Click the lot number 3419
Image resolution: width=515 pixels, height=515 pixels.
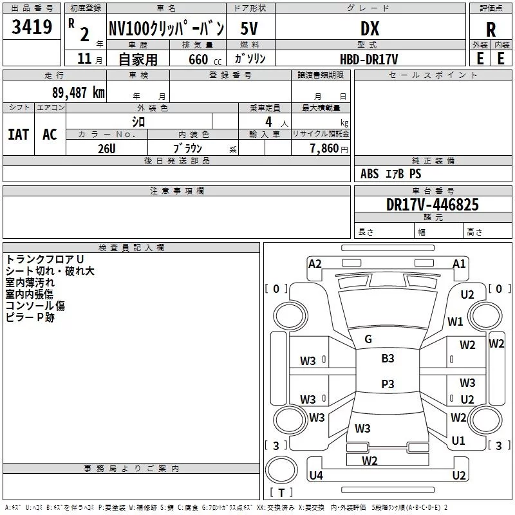tap(32, 27)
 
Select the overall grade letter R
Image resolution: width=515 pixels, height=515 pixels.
tap(491, 30)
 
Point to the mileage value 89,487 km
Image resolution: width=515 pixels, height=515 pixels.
tap(79, 93)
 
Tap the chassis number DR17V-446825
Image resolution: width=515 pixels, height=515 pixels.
tap(432, 205)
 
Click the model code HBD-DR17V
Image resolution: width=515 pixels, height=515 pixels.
tap(369, 59)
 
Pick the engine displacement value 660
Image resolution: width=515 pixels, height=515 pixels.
tap(198, 59)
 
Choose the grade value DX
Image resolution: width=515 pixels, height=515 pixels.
tap(370, 29)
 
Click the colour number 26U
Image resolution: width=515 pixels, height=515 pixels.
tap(107, 149)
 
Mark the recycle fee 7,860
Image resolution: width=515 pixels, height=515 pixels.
tap(324, 149)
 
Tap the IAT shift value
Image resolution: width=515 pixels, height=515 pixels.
tap(19, 135)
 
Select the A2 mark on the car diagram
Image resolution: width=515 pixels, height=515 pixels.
tap(315, 264)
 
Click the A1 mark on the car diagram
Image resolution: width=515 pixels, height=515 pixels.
tap(459, 264)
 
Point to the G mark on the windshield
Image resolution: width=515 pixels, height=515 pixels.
tap(368, 339)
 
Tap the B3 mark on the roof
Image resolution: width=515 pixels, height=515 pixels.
tap(388, 359)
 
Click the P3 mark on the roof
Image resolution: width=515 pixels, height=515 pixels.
tap(388, 384)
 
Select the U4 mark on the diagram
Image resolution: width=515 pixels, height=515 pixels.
tap(316, 475)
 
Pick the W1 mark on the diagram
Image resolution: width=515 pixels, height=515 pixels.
tap(455, 321)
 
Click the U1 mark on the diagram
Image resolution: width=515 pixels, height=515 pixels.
tap(458, 440)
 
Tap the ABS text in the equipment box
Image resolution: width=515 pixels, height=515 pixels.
tap(370, 174)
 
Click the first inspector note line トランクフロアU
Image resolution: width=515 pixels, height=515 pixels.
tap(44, 259)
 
